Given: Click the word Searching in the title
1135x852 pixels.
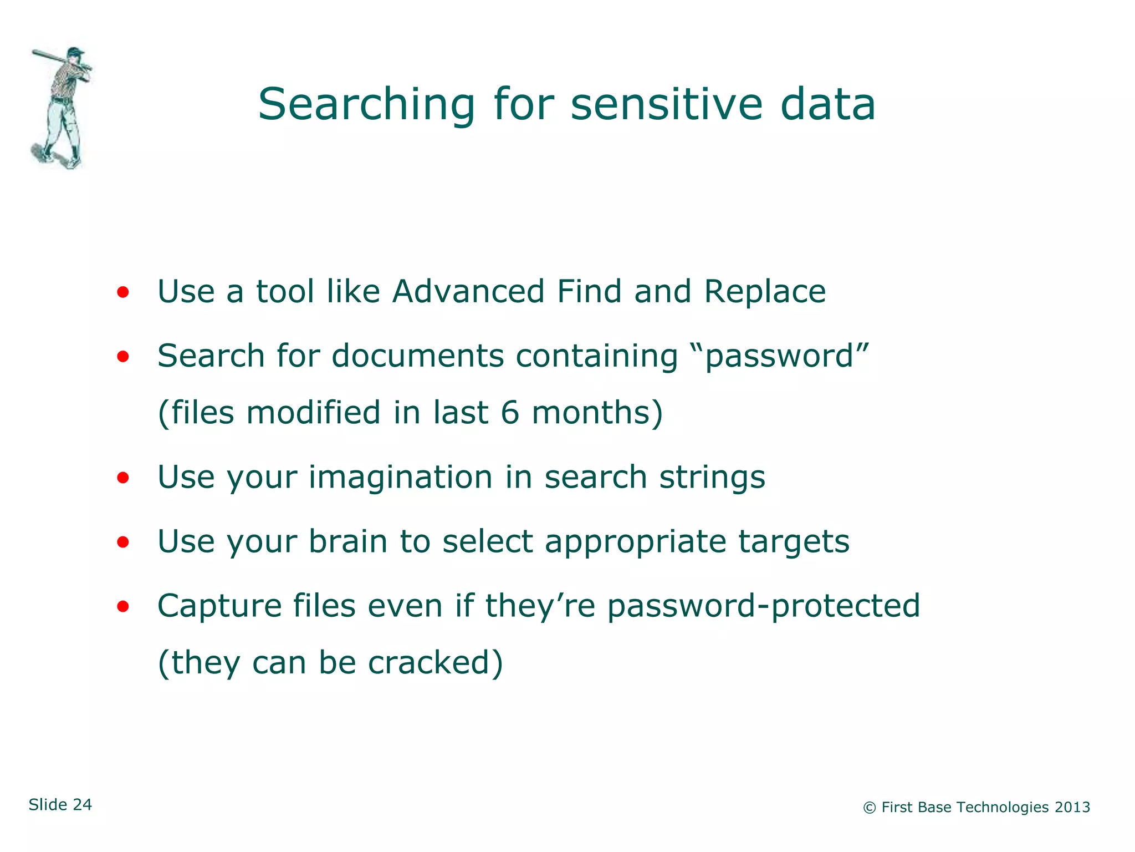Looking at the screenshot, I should tap(366, 105).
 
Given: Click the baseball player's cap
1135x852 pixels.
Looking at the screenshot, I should tap(75, 52).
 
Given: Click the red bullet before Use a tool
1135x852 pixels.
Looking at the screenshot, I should tap(123, 292).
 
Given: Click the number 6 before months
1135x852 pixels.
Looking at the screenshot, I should tap(509, 413).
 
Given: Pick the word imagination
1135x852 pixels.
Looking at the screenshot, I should tap(400, 477).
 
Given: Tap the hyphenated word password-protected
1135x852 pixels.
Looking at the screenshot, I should tap(763, 606).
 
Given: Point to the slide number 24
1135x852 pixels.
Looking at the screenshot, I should tap(82, 804).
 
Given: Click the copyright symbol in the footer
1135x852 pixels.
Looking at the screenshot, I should tap(869, 808).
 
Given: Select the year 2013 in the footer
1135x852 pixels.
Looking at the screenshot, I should tap(1072, 807).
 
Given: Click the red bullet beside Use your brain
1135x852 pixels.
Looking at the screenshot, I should tap(123, 542).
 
